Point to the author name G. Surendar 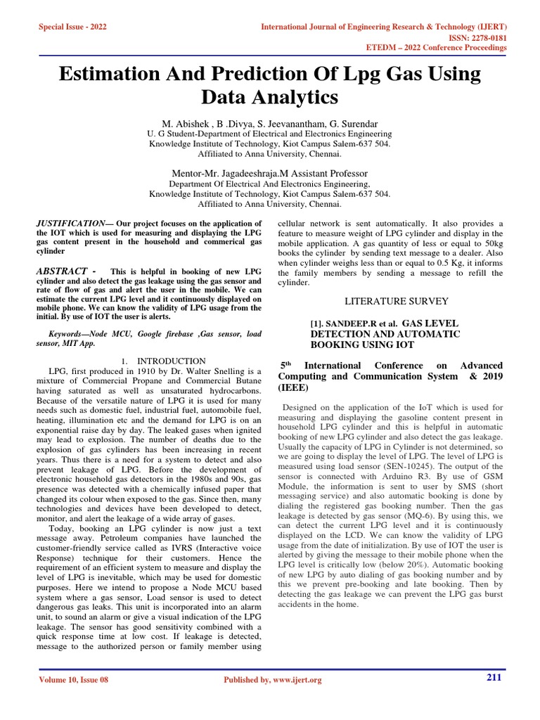(354, 122)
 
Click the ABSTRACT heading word (62, 272)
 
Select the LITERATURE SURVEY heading (396, 301)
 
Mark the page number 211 (495, 677)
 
